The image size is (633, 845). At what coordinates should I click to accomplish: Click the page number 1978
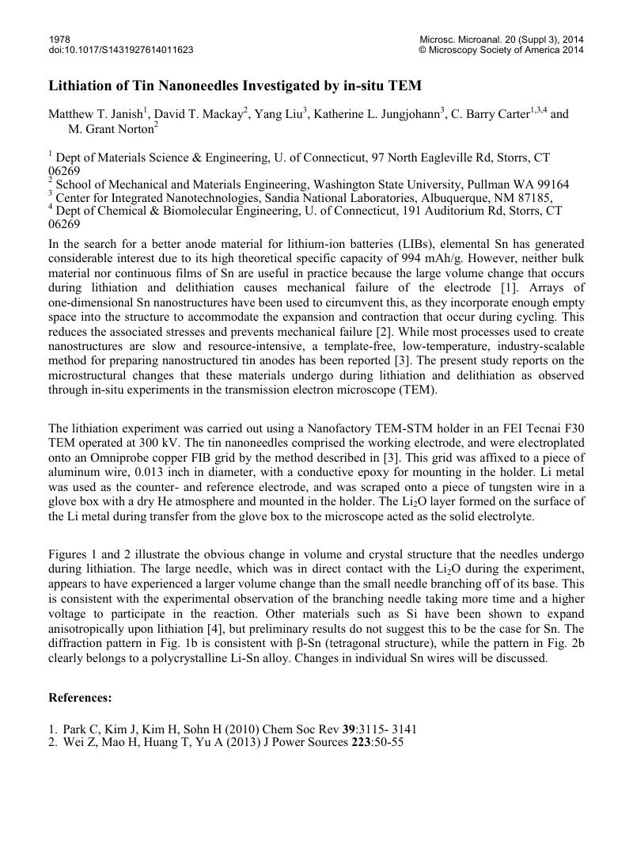click(59, 39)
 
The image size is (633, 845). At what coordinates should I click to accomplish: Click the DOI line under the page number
click(121, 50)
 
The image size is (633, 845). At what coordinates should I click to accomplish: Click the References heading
click(80, 698)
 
